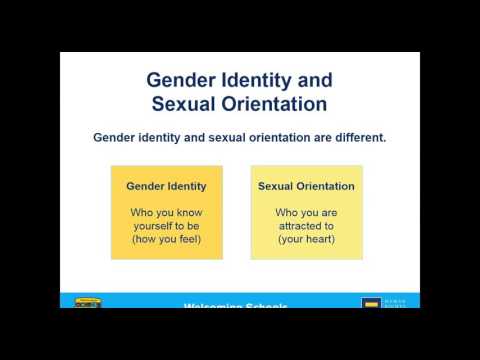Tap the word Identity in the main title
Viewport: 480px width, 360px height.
coord(265,79)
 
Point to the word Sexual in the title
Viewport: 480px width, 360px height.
coord(186,103)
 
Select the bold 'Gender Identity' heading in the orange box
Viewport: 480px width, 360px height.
coord(166,186)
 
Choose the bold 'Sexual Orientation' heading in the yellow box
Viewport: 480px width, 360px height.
coord(306,186)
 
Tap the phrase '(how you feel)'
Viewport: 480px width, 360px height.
coord(166,240)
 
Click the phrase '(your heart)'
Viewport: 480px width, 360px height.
coord(306,240)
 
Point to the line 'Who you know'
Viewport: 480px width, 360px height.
coord(166,212)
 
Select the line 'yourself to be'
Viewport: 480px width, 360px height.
coord(166,226)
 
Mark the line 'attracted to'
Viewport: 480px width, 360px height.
coord(306,226)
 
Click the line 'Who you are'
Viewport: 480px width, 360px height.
coord(306,212)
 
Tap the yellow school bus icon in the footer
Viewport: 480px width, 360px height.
coord(86,303)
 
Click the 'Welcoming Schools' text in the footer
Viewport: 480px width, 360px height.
coord(236,306)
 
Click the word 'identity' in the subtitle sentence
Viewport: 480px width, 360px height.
coord(163,137)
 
